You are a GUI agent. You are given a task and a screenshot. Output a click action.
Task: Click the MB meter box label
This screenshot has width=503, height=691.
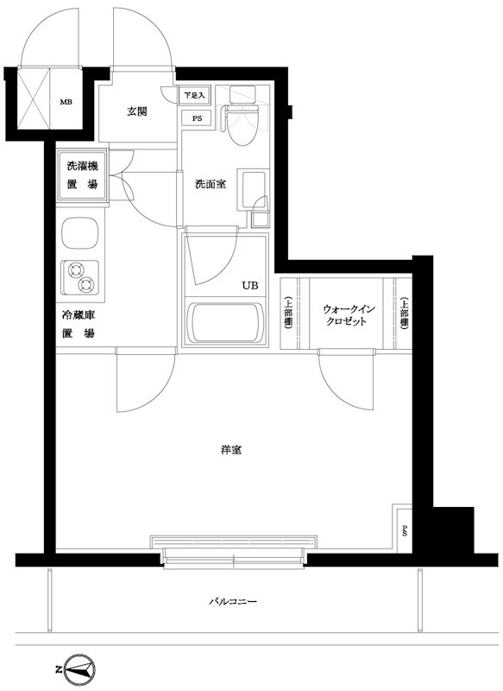click(66, 102)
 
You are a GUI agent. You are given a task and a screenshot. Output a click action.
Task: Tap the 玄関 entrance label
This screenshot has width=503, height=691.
click(137, 112)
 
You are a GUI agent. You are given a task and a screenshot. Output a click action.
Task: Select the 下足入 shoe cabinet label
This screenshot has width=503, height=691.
click(194, 95)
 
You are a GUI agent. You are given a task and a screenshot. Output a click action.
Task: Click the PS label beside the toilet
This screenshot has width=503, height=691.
click(196, 118)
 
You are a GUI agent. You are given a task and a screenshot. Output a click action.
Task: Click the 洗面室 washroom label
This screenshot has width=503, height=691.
click(211, 184)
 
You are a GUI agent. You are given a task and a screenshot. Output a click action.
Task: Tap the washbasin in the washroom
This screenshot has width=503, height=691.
click(252, 190)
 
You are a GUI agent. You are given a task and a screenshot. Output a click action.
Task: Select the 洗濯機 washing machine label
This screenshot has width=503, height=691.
click(82, 167)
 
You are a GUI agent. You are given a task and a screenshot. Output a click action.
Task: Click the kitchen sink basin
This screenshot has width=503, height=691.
click(79, 232)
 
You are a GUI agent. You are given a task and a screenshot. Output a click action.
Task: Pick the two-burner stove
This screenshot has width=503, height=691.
click(79, 277)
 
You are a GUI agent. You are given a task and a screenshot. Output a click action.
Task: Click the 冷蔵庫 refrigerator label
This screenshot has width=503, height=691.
click(79, 315)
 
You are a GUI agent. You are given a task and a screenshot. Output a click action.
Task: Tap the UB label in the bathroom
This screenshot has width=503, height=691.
click(249, 286)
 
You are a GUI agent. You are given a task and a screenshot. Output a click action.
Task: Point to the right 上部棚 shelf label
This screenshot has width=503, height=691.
click(405, 314)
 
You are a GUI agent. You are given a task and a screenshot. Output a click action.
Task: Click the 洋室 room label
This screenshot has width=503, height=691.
click(231, 450)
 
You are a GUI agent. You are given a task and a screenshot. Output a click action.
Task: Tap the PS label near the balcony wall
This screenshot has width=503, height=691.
click(404, 532)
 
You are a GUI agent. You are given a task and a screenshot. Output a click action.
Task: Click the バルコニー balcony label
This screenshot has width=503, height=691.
click(233, 601)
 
